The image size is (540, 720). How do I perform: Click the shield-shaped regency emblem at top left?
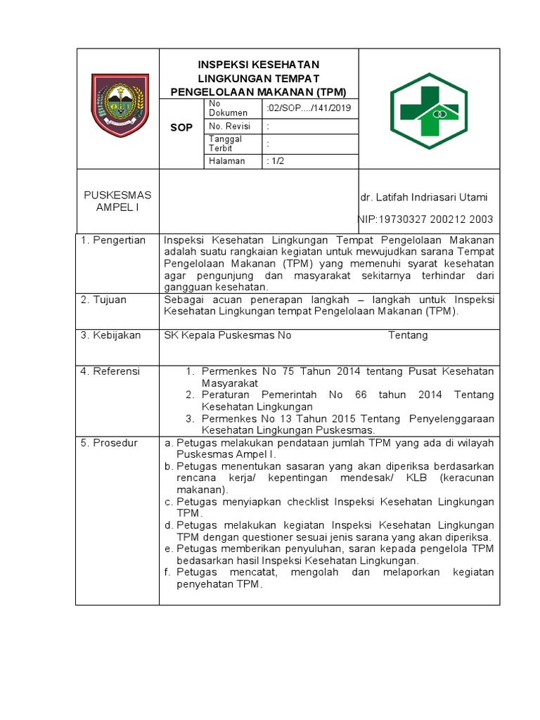point(120,106)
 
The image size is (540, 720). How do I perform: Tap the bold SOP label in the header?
point(181,128)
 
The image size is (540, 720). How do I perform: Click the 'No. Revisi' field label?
point(230,126)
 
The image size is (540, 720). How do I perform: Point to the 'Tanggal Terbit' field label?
point(226,143)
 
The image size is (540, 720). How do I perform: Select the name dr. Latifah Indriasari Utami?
point(424,197)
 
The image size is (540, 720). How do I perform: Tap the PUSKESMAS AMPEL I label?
point(117,200)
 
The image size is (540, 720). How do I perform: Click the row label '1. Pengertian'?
point(112,240)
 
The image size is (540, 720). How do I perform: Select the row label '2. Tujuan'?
point(103,300)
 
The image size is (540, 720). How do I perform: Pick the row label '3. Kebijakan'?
point(110,335)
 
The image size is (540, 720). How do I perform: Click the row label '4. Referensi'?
point(110,371)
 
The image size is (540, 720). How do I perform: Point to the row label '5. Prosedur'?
point(109,443)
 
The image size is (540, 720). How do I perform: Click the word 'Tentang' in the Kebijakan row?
point(408,335)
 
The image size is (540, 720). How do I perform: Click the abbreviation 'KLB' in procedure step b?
point(427,478)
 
